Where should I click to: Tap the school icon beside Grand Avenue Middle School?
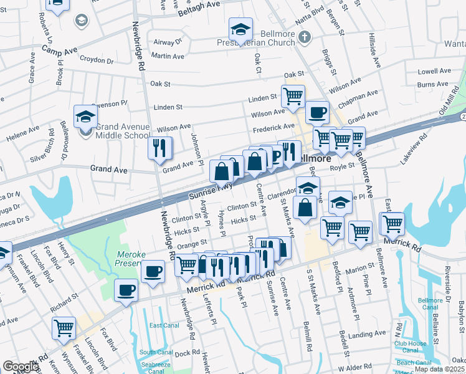85,116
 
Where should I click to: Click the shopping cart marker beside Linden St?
293,96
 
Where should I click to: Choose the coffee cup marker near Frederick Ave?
317,112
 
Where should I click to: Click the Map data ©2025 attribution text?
439,369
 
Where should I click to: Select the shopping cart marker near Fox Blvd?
64,327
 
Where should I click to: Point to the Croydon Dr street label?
98,62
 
